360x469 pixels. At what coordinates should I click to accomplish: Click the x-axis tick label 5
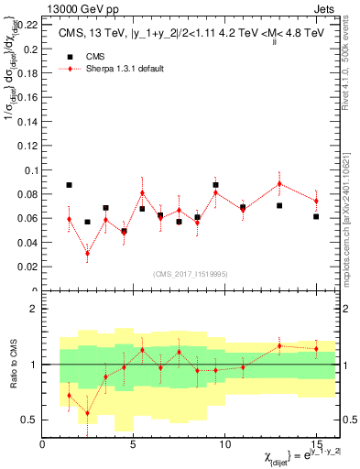(134, 444)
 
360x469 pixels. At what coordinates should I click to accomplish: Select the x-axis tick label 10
(224, 444)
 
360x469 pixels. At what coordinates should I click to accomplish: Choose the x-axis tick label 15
(316, 444)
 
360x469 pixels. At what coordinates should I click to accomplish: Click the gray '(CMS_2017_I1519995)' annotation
(190, 273)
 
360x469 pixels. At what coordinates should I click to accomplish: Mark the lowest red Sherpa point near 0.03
(88, 254)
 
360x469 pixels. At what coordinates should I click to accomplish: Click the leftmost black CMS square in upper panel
(70, 185)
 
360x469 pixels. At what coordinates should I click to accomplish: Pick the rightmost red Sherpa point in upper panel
(316, 201)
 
